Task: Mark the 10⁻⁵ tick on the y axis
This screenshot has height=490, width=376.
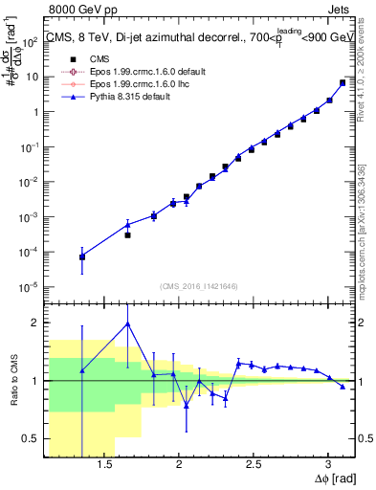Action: pyautogui.click(x=32, y=286)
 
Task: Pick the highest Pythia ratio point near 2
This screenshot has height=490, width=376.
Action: pyautogui.click(x=127, y=323)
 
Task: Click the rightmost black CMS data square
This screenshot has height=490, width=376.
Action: pyautogui.click(x=343, y=82)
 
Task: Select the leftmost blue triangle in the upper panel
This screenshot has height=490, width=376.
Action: pyautogui.click(x=82, y=256)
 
